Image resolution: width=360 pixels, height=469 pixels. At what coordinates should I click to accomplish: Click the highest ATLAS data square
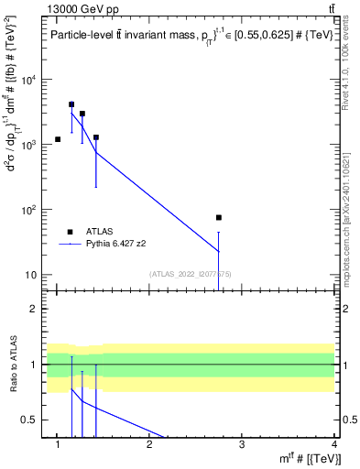[x=71, y=104]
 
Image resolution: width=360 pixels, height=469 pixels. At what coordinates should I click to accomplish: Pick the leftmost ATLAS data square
[x=58, y=139]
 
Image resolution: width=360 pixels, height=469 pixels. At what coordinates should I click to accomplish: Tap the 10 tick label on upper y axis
[x=31, y=275]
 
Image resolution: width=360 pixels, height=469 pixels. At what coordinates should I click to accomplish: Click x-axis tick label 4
[x=333, y=444]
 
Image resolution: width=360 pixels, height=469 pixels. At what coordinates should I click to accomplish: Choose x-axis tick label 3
[x=241, y=444]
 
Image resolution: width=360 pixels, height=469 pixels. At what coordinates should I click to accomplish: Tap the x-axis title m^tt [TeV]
[x=311, y=458]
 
